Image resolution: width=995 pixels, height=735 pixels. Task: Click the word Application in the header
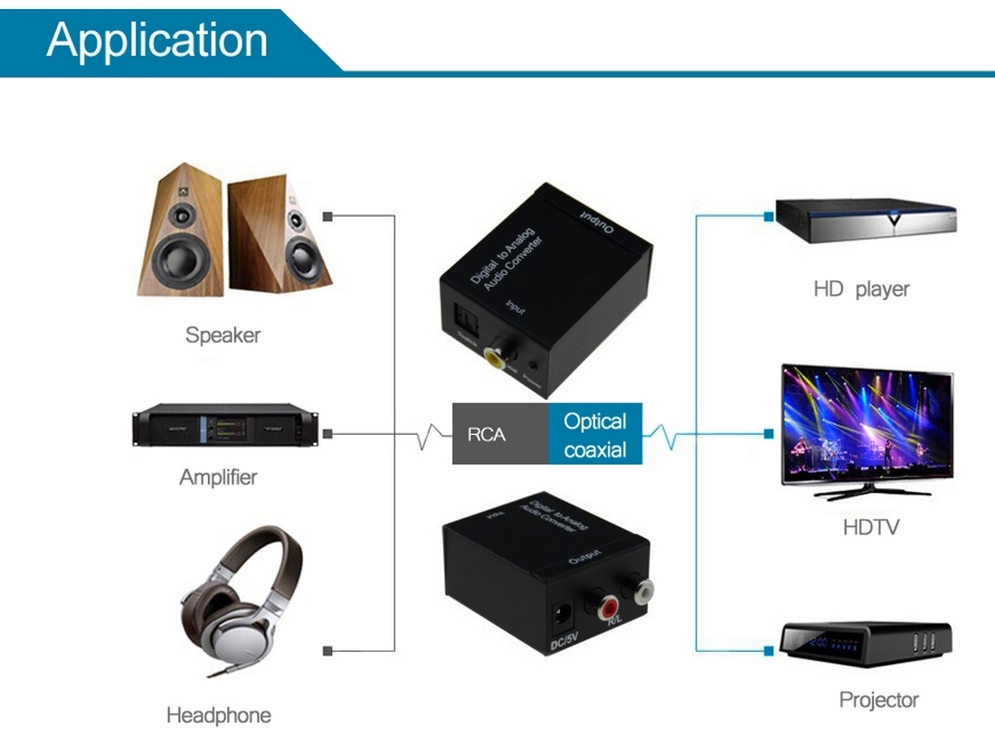(157, 40)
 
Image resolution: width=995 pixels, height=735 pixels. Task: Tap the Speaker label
(223, 335)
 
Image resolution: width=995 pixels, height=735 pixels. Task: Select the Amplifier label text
(218, 477)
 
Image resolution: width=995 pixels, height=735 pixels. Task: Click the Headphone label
(218, 716)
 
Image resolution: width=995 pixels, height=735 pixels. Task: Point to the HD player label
(861, 290)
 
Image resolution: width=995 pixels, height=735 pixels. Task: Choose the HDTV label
(871, 526)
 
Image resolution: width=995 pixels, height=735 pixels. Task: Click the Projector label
(878, 700)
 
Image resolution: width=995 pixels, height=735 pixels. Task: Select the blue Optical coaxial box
(595, 434)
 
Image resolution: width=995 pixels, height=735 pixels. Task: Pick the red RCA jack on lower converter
(601, 598)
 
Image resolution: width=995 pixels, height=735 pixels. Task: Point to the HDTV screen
(866, 424)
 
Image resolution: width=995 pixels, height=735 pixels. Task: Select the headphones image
(240, 600)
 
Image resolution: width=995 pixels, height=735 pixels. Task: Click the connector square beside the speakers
(328, 216)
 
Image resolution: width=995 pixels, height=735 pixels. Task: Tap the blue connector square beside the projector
(768, 650)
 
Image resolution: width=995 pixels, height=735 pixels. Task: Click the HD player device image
(866, 221)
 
